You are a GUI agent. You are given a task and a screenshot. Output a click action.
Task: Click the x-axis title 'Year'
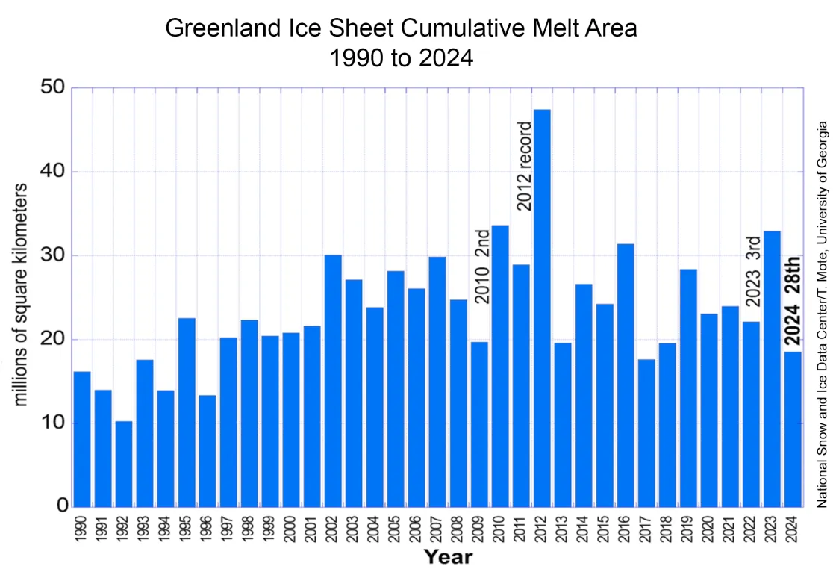click(x=448, y=556)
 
